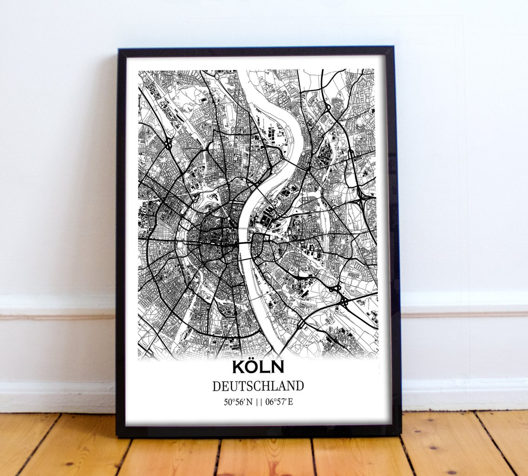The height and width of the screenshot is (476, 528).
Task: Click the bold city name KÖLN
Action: pos(258,367)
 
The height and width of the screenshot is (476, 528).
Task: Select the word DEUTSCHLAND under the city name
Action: pos(258,386)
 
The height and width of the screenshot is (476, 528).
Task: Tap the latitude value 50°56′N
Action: pos(238,402)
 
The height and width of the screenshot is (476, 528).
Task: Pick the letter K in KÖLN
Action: pos(239,367)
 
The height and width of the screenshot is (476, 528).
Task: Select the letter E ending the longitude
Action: pos(290,402)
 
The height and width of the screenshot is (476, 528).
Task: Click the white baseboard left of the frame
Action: pos(56,397)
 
